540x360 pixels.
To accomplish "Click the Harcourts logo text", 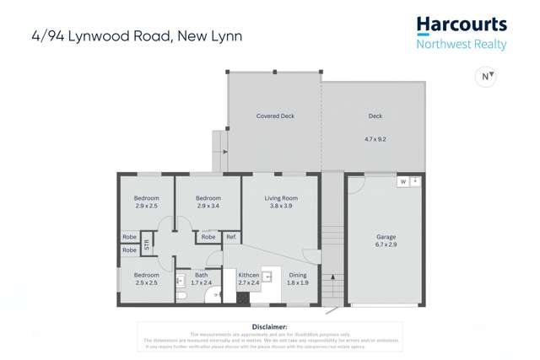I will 461,24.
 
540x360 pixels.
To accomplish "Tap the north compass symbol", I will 486,77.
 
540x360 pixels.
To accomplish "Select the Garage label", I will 386,237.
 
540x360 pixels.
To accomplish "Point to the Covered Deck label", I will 275,116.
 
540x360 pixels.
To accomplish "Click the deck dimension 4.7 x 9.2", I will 375,138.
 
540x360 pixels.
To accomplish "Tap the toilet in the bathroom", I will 181,296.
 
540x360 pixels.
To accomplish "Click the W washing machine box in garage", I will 402,181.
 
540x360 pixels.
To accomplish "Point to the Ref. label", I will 230,237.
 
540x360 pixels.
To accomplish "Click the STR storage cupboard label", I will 146,244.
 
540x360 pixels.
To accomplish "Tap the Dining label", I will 298,275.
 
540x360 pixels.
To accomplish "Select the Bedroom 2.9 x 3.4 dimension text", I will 208,206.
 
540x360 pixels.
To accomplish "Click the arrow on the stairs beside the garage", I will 335,276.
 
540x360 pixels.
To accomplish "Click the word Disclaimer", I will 270,326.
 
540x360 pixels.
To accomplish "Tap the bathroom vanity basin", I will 181,279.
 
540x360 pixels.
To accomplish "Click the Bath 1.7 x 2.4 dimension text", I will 202,282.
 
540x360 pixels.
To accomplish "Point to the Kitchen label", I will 248,275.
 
